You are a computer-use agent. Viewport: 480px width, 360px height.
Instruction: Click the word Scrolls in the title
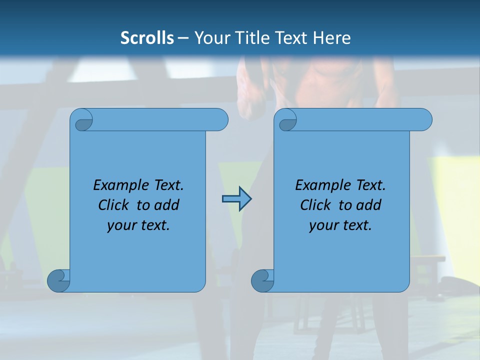[x=147, y=38]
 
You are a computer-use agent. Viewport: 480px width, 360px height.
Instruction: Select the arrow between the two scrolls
[x=236, y=199]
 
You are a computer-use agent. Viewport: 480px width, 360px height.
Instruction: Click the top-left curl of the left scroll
[x=83, y=121]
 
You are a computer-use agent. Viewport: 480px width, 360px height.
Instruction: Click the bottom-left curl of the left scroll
[x=58, y=280]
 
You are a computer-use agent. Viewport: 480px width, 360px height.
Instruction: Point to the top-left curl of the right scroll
[x=287, y=121]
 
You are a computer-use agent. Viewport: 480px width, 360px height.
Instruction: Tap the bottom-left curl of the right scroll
[x=262, y=280]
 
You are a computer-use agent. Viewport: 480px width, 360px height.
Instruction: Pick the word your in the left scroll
[x=121, y=225]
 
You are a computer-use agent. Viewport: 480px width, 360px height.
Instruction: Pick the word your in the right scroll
[x=323, y=225]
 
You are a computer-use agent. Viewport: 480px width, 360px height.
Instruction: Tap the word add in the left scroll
[x=166, y=205]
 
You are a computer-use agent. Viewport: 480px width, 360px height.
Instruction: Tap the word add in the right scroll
[x=368, y=205]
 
